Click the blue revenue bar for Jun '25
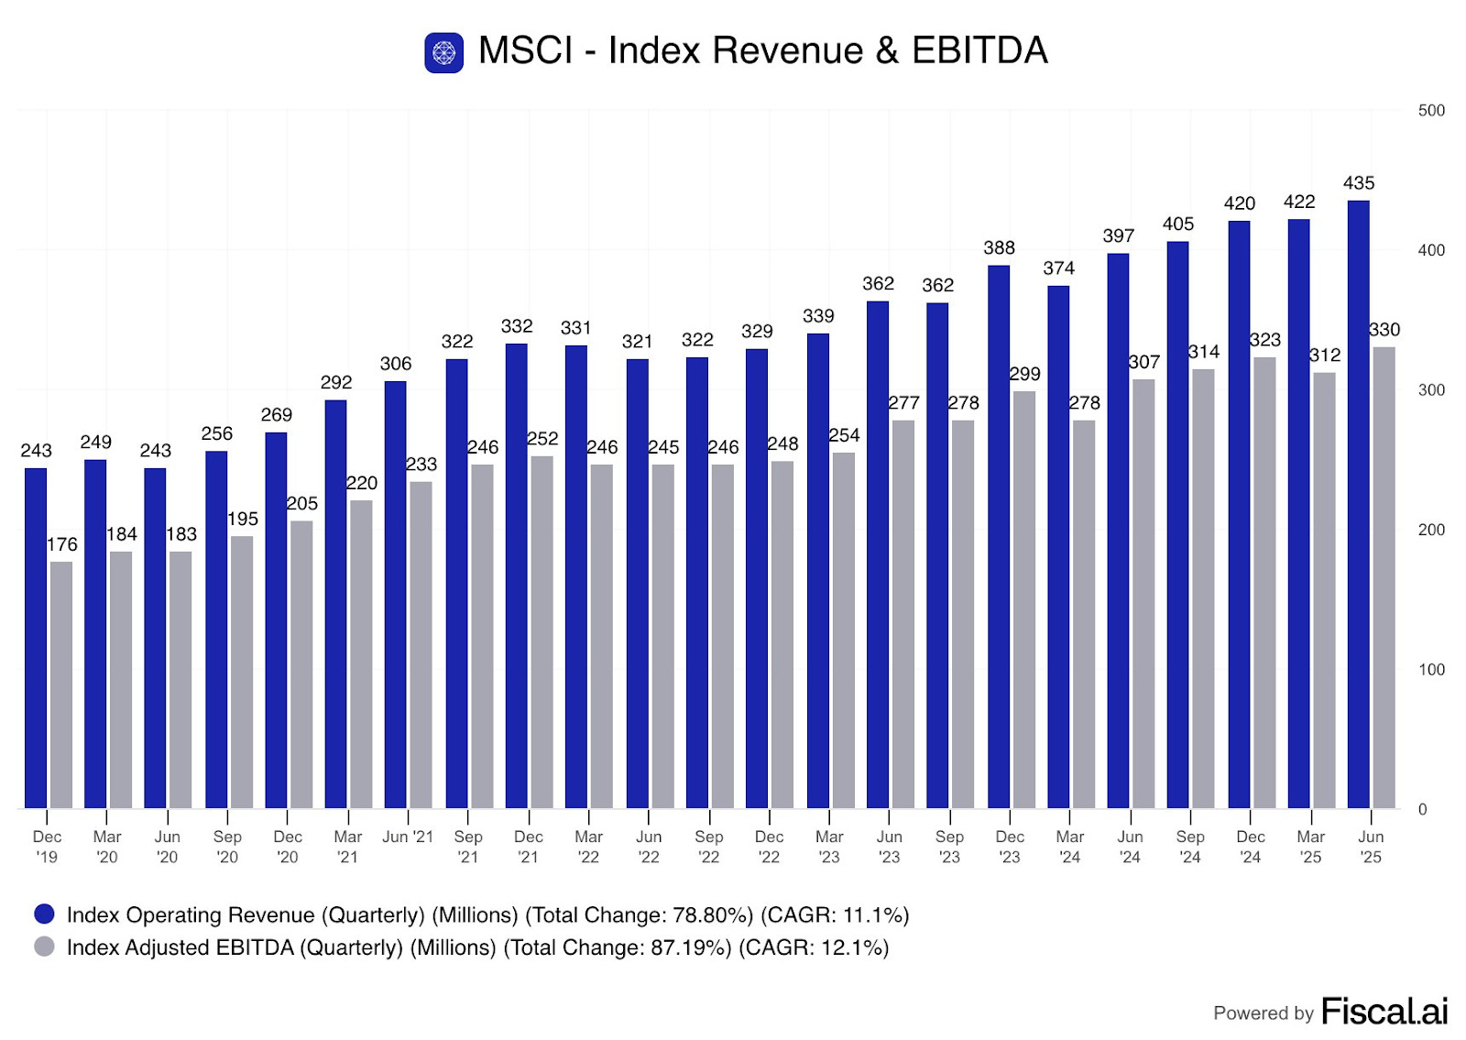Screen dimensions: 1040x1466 pos(1358,504)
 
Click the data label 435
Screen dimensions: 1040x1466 pos(1358,183)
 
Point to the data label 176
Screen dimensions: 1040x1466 pos(62,544)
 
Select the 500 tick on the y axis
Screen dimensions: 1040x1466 pos(1430,111)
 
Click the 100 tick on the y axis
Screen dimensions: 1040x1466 pos(1430,670)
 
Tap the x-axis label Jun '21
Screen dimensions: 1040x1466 pos(408,837)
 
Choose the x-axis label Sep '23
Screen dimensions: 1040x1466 pos(949,847)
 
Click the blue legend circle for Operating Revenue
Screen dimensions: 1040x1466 pos(44,914)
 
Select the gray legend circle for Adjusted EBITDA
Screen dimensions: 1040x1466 pos(44,947)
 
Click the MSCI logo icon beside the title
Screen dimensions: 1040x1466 pos(443,52)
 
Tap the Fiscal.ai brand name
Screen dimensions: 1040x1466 pos(1384,1012)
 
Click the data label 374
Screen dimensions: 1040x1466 pos(1058,268)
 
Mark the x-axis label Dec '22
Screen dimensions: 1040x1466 pos(769,847)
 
